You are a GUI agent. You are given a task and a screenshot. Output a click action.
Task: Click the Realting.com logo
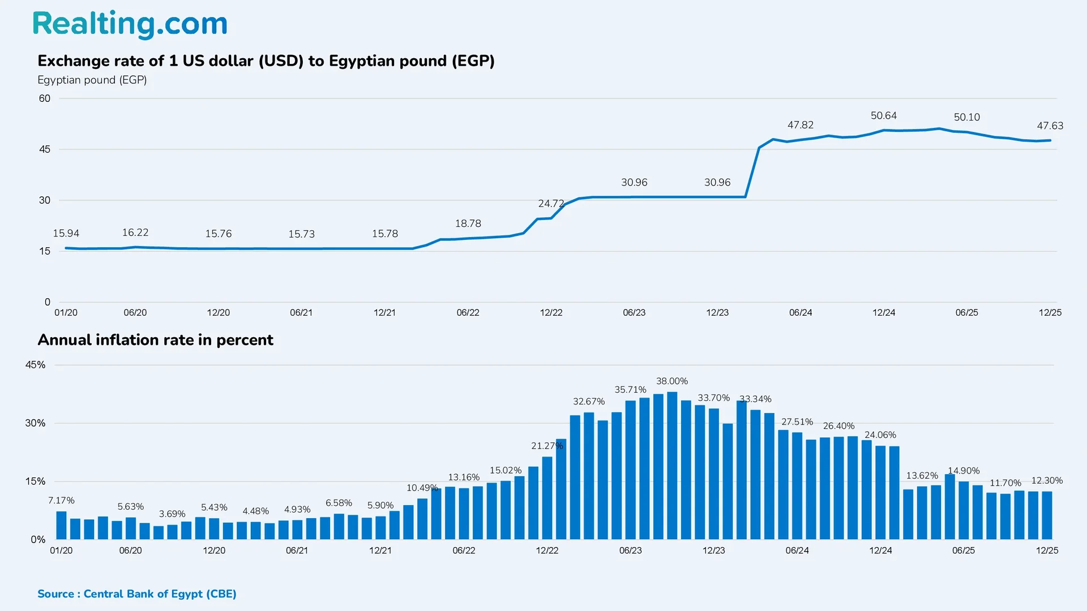[130, 24]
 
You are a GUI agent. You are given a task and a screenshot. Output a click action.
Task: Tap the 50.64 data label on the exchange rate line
[883, 115]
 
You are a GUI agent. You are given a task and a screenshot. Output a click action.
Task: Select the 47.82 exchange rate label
[800, 125]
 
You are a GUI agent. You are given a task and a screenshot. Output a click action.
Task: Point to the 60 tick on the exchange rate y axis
[45, 98]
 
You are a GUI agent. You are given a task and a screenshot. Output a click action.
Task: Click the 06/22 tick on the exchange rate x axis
[468, 312]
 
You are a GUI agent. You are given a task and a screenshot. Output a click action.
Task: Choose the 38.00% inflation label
[671, 381]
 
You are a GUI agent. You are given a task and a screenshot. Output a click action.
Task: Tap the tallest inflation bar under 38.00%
[672, 465]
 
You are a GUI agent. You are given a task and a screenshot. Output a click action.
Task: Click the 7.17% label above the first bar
[61, 501]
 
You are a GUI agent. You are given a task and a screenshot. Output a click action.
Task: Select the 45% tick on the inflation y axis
[35, 365]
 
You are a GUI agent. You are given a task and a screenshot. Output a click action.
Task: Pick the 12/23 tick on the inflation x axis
[713, 550]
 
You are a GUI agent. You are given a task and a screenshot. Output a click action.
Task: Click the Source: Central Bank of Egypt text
[136, 593]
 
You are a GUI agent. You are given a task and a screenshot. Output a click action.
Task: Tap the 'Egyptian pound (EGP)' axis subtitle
[92, 80]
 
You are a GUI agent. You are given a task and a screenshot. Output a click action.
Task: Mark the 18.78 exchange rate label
[468, 223]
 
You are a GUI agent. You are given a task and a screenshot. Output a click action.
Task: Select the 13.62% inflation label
[922, 476]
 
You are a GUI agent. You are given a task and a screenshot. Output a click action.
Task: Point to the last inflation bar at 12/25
[1047, 515]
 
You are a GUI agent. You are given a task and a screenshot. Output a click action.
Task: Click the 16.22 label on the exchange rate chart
[135, 233]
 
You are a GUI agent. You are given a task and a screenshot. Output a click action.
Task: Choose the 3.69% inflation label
[172, 514]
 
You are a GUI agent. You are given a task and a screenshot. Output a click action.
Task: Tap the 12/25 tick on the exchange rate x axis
[1050, 312]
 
